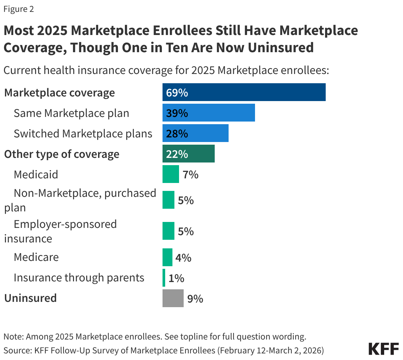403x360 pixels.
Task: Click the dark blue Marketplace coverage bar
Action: [x=244, y=92]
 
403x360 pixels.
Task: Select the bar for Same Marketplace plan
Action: [x=208, y=113]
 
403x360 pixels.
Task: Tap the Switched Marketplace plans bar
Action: [x=195, y=133]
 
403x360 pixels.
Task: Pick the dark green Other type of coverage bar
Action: [x=188, y=154]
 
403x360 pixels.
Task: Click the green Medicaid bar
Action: [x=170, y=174]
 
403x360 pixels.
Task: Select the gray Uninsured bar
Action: [x=173, y=298]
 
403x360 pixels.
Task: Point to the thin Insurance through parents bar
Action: [x=164, y=278]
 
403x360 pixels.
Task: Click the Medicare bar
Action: [x=167, y=257]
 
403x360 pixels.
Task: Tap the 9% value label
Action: [x=195, y=299]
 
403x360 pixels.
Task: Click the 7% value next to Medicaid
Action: [x=190, y=174]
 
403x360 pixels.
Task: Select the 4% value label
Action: [x=183, y=258]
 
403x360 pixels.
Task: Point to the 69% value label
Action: [x=177, y=92]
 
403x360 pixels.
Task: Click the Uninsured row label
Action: [x=30, y=298]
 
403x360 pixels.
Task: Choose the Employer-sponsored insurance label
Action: [x=60, y=231]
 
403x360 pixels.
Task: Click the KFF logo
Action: [x=383, y=349]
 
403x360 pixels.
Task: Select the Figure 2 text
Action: [x=18, y=9]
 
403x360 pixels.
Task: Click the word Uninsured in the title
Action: [x=280, y=48]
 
